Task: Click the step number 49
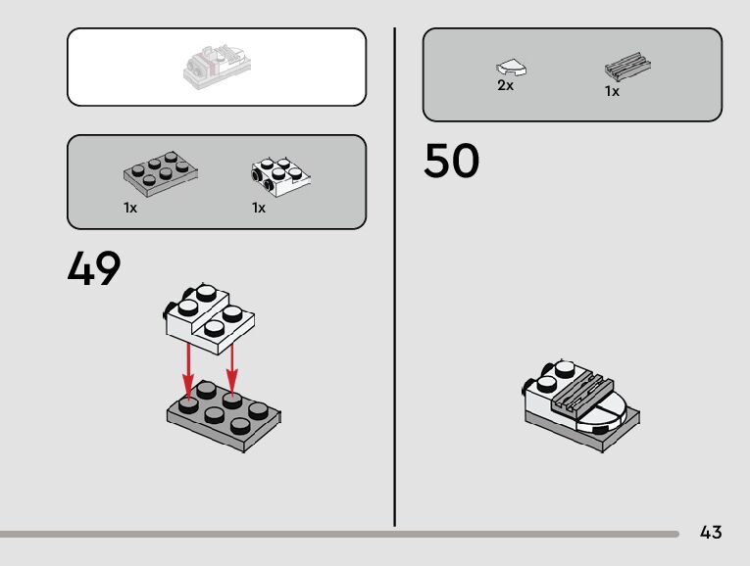[94, 269]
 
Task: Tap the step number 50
[452, 162]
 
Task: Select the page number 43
[711, 533]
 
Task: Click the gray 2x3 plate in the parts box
[162, 172]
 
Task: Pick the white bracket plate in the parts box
[280, 172]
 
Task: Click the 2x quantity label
[506, 86]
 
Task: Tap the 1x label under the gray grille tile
[612, 92]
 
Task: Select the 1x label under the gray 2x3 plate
[130, 208]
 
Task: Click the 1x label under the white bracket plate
[259, 208]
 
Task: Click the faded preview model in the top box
[216, 66]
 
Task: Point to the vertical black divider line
[395, 274]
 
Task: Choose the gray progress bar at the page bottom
[338, 535]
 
